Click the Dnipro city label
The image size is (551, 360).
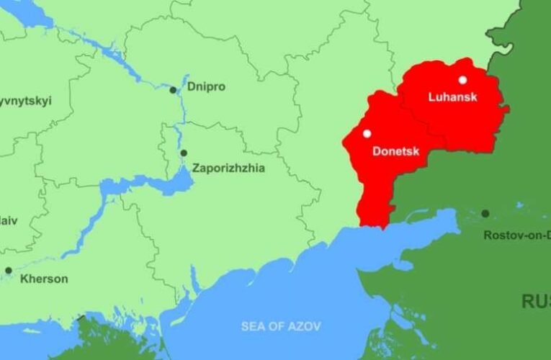point(206,86)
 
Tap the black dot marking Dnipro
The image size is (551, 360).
point(173,90)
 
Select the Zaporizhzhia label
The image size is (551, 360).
point(228,168)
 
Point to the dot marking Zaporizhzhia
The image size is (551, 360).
point(184,153)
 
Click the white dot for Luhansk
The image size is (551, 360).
point(462,80)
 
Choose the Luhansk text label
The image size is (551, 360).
point(452,96)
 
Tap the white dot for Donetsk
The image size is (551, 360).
point(367,133)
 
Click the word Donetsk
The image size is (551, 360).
point(395,151)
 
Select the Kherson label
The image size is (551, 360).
point(45,279)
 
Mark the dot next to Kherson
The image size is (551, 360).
point(9,271)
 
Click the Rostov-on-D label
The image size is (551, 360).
point(516,235)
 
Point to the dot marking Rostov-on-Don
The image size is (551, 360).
point(485,213)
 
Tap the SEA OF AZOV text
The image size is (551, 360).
point(281,326)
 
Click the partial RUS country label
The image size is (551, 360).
point(535,301)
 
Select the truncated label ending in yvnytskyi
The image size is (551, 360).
point(26,101)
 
